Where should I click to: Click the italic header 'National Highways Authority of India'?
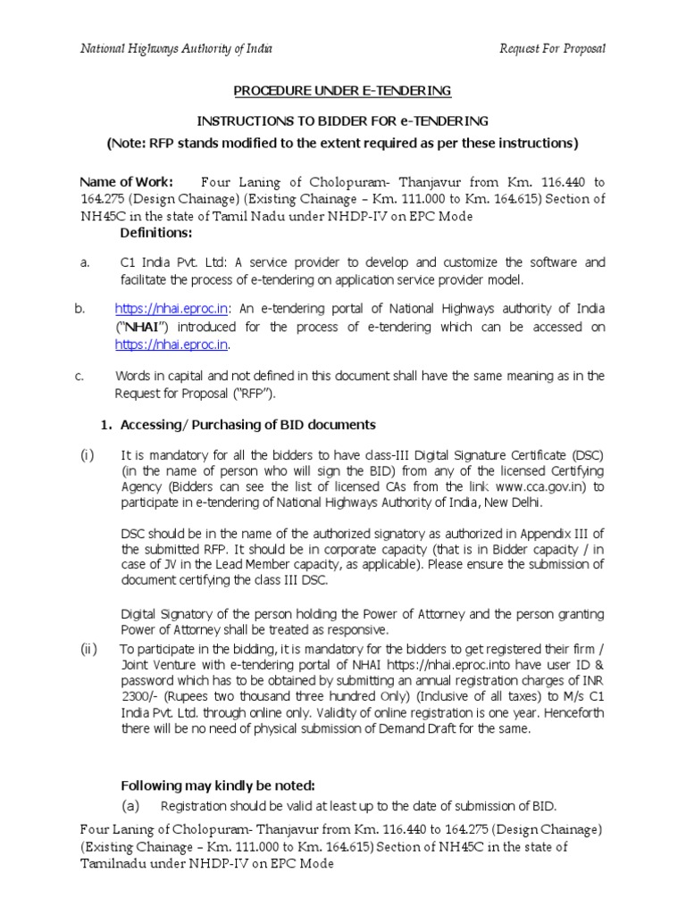177,48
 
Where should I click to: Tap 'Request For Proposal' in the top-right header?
552,48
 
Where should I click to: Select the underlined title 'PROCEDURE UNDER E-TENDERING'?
342,91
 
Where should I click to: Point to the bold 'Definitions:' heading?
156,233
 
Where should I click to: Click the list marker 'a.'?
85,262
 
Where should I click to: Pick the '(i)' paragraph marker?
88,454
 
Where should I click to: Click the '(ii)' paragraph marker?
89,649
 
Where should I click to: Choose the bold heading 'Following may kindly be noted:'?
217,785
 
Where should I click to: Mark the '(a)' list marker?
131,806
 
